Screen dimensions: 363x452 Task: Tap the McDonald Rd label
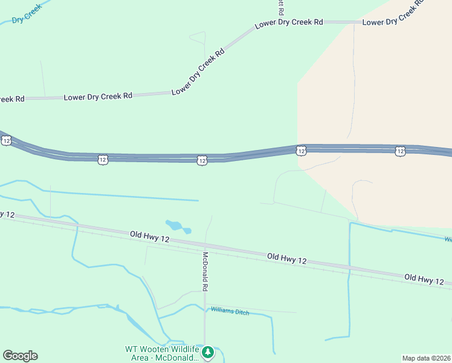[205, 271]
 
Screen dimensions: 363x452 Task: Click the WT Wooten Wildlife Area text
[161, 353]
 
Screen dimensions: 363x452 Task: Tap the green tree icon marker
[208, 352]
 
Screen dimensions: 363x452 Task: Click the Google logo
[20, 356]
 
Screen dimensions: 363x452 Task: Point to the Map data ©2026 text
[426, 358]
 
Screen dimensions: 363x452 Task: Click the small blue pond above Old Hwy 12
[176, 226]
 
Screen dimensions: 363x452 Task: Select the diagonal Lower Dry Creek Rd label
[198, 71]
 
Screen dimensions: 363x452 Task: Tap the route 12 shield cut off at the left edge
[5, 140]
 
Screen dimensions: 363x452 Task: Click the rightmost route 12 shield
[400, 151]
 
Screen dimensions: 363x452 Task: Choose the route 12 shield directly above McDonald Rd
[202, 160]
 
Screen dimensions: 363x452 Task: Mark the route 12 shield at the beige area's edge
[301, 150]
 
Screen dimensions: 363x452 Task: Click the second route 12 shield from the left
[103, 159]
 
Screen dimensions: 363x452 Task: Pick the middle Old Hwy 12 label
[287, 259]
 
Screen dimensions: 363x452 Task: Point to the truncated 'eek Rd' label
[12, 99]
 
